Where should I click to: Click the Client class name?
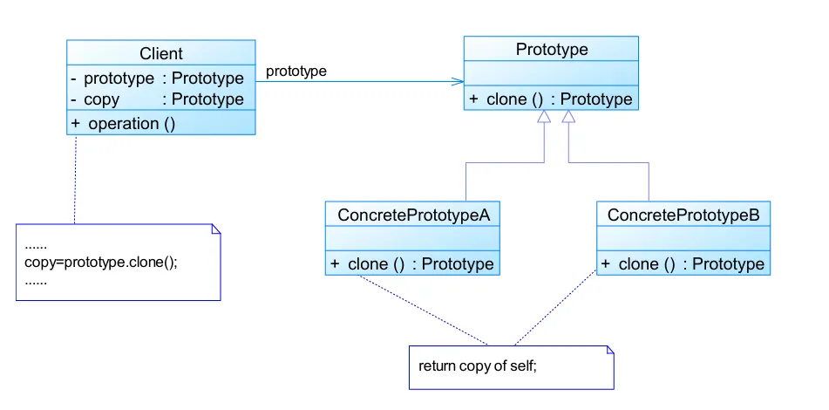[161, 54]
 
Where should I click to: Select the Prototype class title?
[551, 50]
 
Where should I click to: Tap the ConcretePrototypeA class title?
[412, 215]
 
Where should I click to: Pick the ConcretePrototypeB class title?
[683, 215]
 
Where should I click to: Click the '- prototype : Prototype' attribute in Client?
[158, 79]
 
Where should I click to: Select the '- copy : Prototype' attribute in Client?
[158, 99]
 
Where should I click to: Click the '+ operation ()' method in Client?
[124, 123]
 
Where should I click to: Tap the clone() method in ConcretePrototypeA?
[412, 263]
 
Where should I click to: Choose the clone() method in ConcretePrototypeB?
[683, 263]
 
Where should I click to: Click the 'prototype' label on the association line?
[296, 72]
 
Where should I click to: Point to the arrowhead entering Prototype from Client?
[458, 82]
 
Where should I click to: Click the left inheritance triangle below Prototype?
[544, 118]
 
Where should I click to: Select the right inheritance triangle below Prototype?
[568, 118]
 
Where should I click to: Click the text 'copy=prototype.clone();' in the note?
[101, 263]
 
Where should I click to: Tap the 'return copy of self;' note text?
[478, 366]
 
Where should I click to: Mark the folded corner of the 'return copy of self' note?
[610, 350]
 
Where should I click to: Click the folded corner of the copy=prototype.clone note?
[216, 229]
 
